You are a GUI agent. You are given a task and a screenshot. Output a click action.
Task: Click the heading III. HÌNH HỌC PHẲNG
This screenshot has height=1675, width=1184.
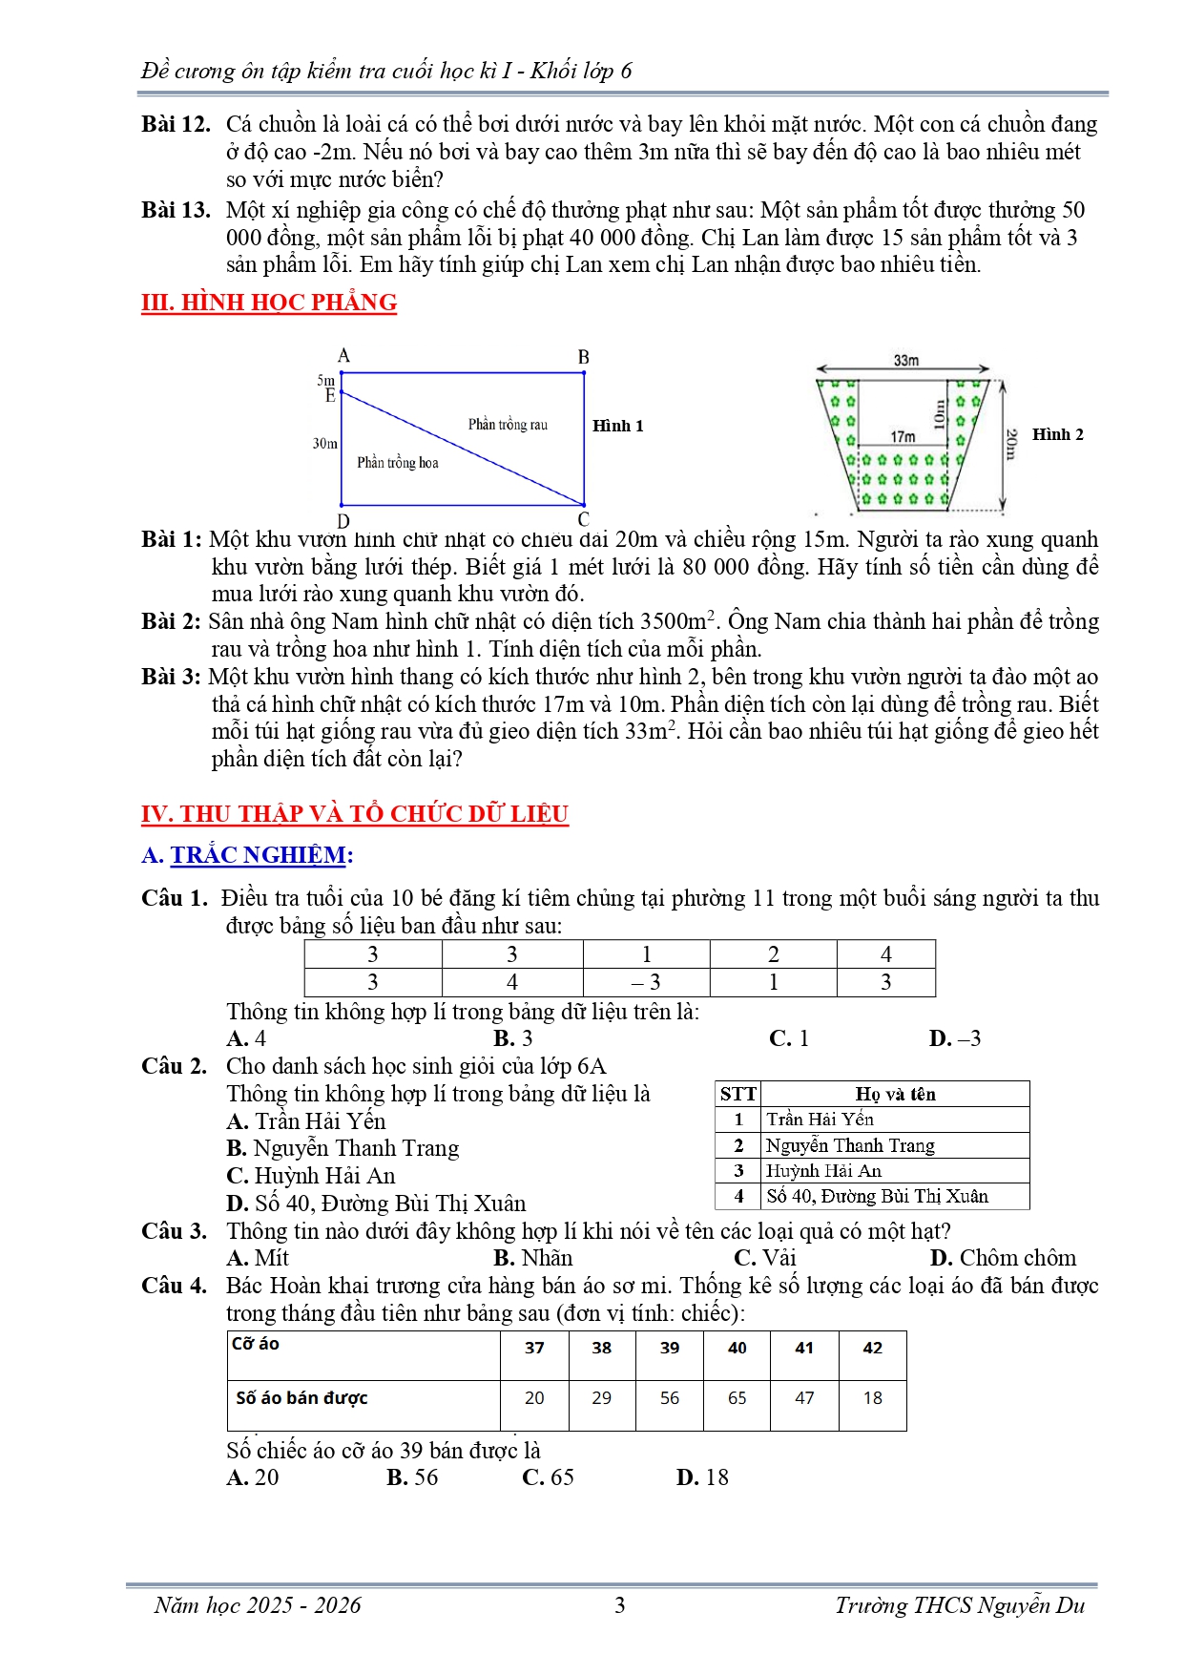(268, 303)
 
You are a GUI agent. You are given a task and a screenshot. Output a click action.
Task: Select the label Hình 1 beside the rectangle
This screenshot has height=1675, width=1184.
(617, 426)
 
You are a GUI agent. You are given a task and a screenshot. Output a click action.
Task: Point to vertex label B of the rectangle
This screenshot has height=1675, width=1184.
(584, 357)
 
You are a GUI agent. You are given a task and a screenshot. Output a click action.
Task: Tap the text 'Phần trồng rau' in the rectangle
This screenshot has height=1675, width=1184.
(508, 425)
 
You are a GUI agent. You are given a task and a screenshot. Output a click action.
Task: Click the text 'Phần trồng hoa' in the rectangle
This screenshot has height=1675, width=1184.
(398, 463)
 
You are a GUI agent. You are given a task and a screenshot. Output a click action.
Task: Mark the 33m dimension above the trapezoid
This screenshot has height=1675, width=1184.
(905, 361)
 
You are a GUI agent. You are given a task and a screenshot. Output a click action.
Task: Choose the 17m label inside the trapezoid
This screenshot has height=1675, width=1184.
(903, 436)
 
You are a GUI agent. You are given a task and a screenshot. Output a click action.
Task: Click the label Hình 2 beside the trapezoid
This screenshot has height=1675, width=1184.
(1057, 434)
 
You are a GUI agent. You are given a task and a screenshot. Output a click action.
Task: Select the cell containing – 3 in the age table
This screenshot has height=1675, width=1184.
(646, 982)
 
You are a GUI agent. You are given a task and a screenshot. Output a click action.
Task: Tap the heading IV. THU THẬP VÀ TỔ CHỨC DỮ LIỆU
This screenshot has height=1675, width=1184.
(354, 814)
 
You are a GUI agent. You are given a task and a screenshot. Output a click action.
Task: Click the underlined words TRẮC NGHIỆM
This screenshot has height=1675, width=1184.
(258, 855)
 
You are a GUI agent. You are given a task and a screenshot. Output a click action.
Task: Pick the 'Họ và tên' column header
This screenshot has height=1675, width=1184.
(895, 1094)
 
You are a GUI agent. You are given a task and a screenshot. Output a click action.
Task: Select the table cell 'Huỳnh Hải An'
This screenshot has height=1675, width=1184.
(823, 1171)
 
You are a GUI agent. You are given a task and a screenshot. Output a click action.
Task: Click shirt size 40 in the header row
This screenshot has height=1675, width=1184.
(737, 1348)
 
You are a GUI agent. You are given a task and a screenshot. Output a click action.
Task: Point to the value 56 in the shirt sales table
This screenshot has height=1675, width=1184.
(670, 1398)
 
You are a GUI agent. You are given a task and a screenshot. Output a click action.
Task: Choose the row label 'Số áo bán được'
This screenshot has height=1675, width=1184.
(301, 1398)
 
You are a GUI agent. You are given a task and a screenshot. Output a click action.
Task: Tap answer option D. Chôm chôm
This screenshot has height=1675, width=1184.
(1003, 1258)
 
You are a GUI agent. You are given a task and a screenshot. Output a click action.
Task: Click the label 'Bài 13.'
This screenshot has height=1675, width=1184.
(176, 210)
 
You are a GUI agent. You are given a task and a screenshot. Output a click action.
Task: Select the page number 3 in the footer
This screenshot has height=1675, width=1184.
(619, 1605)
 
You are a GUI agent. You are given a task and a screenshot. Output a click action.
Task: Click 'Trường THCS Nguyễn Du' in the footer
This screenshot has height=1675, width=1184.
(960, 1605)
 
